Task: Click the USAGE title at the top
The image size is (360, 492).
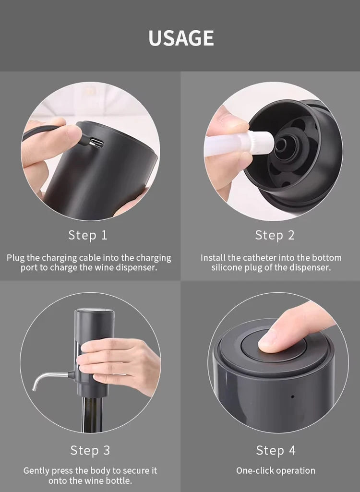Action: [x=180, y=38]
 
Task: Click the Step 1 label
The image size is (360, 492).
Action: [x=88, y=235]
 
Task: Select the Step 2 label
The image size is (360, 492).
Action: [x=275, y=235]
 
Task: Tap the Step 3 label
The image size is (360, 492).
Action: [x=90, y=450]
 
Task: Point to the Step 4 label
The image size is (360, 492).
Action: [x=276, y=450]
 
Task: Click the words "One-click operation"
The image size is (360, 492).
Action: [x=276, y=470]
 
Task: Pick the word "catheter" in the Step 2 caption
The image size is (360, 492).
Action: [x=261, y=258]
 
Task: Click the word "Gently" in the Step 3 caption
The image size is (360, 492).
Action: [x=36, y=470]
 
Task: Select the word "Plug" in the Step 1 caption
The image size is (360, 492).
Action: [x=15, y=258]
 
